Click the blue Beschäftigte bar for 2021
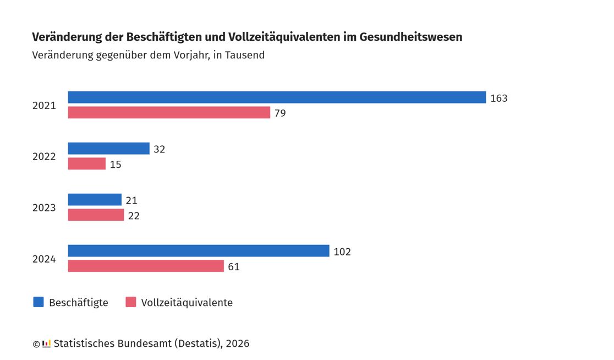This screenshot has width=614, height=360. [x=277, y=97]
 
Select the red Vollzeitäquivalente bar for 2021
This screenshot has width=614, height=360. [x=169, y=113]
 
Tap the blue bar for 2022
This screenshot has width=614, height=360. [x=108, y=149]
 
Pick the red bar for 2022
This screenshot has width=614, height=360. [x=86, y=164]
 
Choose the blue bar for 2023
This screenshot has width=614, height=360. [x=95, y=200]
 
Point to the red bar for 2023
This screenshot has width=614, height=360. [x=96, y=215]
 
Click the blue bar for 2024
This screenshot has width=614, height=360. [x=199, y=251]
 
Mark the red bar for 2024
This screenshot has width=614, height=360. [x=146, y=266]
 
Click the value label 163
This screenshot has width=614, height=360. [x=498, y=99]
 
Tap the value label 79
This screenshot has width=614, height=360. [x=280, y=113]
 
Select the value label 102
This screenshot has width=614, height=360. [x=342, y=252]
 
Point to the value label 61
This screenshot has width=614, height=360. [x=234, y=267]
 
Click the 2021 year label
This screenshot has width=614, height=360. [x=44, y=106]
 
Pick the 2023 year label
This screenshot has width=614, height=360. [x=44, y=208]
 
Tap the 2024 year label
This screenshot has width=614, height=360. [x=44, y=259]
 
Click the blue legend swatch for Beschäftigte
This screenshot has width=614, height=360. [x=39, y=302]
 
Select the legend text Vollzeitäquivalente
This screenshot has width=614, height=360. [x=187, y=303]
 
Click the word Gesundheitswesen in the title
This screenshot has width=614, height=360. [x=410, y=37]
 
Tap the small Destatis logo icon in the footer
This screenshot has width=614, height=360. [x=46, y=344]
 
